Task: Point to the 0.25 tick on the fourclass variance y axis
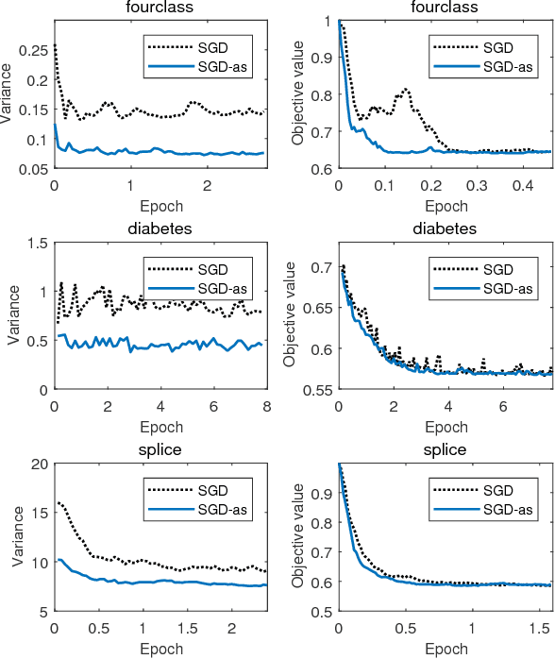pyautogui.click(x=34, y=48)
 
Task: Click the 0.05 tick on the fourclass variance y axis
pyautogui.click(x=34, y=168)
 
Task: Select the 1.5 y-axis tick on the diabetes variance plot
pyautogui.click(x=37, y=243)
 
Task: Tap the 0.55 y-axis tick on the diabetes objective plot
pyautogui.click(x=316, y=389)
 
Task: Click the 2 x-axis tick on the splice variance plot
pyautogui.click(x=231, y=627)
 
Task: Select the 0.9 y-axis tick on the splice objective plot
pyautogui.click(x=321, y=494)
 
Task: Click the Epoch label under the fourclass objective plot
pyautogui.click(x=445, y=204)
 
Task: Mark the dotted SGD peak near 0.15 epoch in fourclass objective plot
pyautogui.click(x=406, y=90)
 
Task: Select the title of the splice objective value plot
pyautogui.click(x=445, y=450)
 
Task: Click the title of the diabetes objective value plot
pyautogui.click(x=445, y=228)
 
